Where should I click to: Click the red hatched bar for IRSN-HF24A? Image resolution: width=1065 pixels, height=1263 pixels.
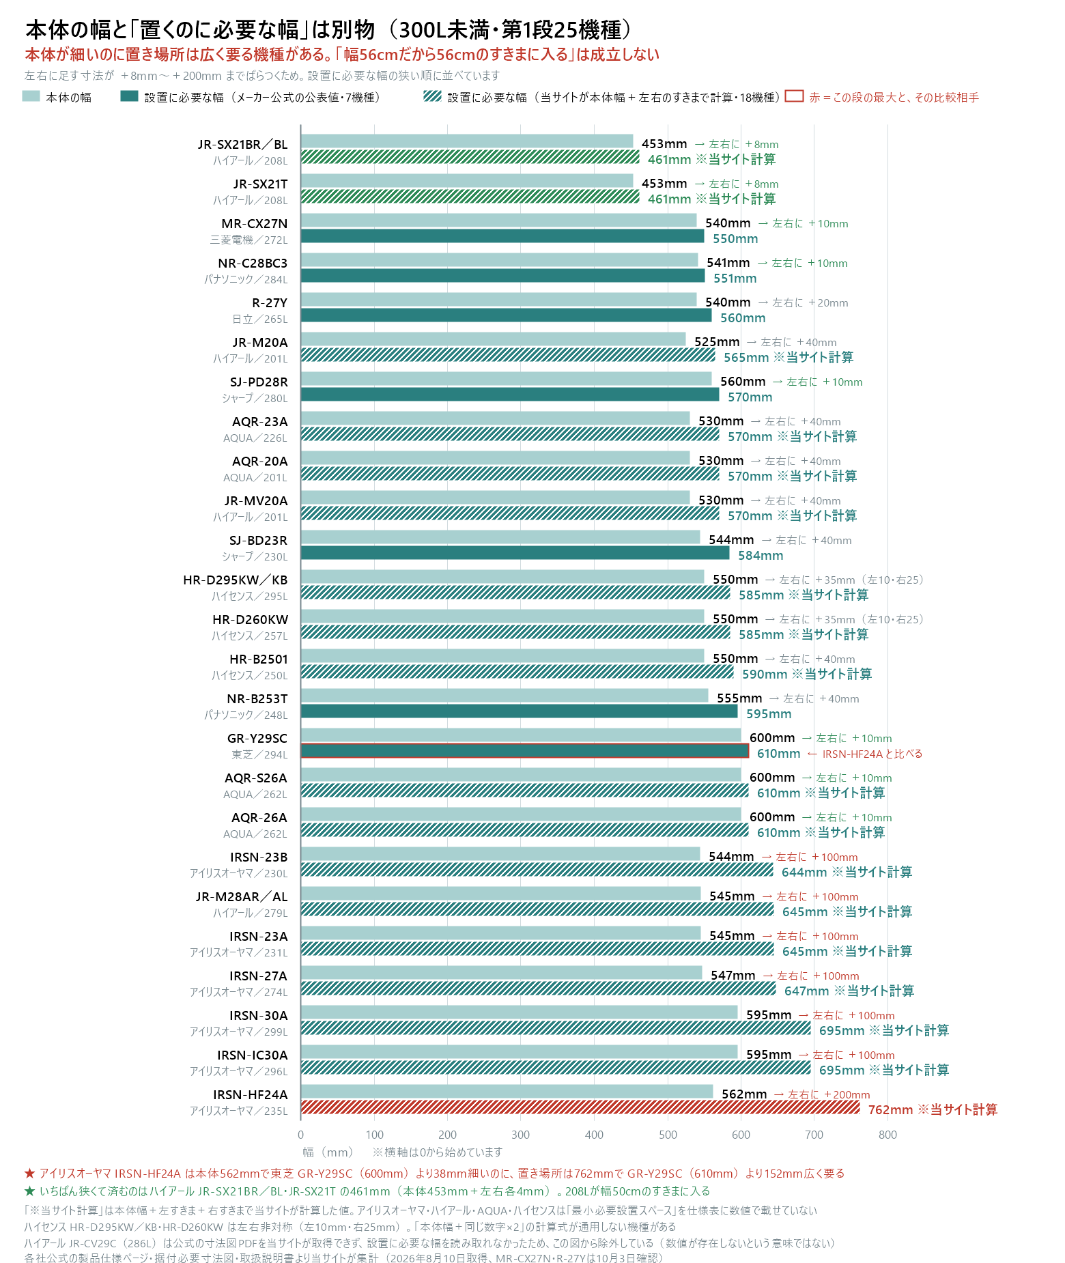(x=580, y=1107)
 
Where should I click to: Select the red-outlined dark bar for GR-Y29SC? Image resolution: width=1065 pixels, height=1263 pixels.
(x=525, y=751)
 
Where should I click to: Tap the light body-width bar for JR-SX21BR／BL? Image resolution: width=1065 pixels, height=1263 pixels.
(x=467, y=141)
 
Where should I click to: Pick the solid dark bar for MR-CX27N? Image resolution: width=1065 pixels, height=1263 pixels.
(x=502, y=236)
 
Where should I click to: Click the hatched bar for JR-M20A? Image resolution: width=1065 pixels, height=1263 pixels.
(x=508, y=355)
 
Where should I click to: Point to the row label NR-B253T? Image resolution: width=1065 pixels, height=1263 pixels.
(x=257, y=698)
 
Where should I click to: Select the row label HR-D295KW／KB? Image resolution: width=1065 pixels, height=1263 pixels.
(x=236, y=580)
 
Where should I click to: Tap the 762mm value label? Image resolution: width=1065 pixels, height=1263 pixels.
(x=890, y=1110)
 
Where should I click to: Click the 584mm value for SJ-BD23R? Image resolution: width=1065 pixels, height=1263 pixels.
(x=761, y=556)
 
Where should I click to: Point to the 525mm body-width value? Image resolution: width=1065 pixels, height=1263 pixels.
(x=717, y=342)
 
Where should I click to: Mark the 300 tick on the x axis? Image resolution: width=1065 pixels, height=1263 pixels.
(x=521, y=1135)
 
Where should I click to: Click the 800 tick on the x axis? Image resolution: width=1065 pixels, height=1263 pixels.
(x=887, y=1135)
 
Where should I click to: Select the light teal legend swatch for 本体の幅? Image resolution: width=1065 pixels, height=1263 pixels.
(x=31, y=96)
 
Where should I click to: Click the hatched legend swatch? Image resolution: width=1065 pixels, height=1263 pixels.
(x=432, y=96)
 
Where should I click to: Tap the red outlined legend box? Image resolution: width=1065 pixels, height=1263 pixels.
(x=794, y=96)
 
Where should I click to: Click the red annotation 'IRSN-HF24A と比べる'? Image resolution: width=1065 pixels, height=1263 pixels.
(x=872, y=754)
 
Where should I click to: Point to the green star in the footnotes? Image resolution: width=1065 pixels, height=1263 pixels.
(x=29, y=1191)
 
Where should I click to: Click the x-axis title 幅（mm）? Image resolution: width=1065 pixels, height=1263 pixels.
(x=328, y=1152)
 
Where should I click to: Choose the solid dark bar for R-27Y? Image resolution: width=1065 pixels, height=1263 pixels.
(x=507, y=315)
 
